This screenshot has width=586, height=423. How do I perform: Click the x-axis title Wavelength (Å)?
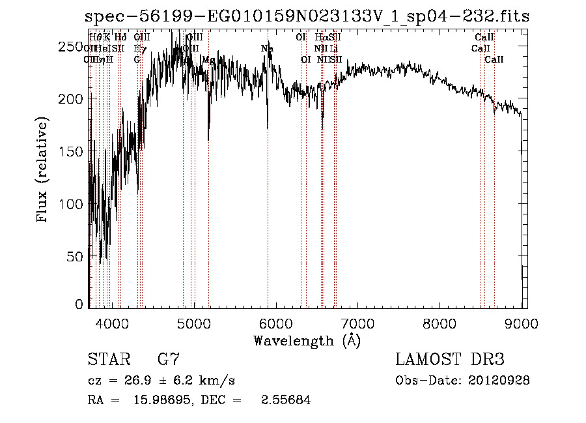[307, 340]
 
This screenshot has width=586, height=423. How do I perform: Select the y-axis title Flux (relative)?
[44, 171]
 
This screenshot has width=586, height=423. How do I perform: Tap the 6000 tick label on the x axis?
[276, 323]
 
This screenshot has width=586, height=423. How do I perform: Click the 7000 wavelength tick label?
[357, 323]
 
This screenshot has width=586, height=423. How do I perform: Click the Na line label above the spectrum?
[267, 48]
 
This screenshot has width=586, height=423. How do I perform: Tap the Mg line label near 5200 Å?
[208, 60]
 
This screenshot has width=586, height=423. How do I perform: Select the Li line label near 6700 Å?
[333, 48]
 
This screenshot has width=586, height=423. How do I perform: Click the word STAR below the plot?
[107, 360]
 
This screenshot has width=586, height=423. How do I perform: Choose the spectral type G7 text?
[168, 360]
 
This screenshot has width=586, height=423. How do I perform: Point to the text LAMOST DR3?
[450, 360]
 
